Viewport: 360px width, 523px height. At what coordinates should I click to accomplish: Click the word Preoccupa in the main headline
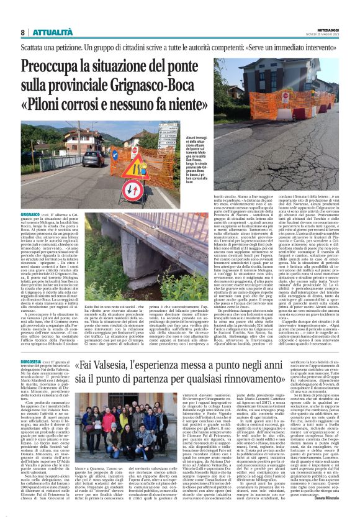pos(59,69)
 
